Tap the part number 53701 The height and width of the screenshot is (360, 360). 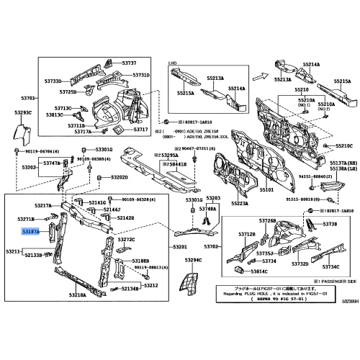point(29,97)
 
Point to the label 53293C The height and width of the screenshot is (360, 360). point(24,112)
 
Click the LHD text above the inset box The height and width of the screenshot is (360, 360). point(173,63)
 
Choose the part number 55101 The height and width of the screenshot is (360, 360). point(267,190)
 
